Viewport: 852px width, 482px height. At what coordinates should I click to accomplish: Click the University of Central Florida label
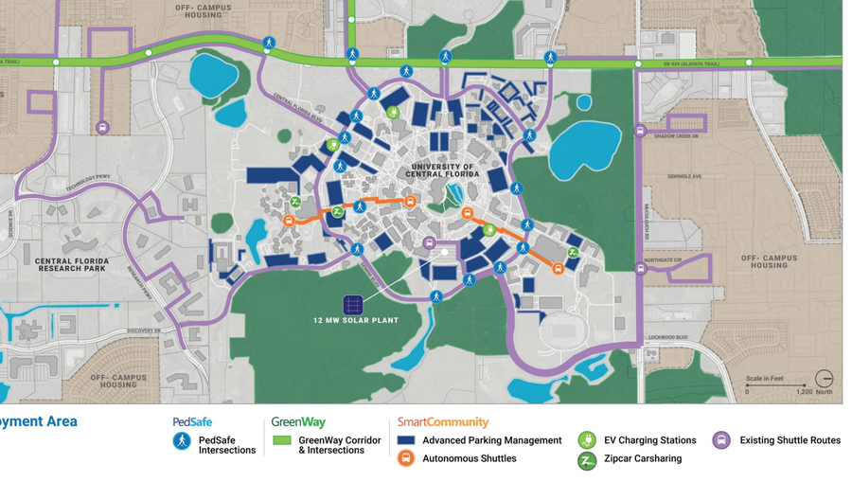[443, 170]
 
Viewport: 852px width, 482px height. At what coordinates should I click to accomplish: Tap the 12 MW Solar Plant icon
[353, 305]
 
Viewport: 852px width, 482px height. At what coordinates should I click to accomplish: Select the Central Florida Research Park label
[72, 264]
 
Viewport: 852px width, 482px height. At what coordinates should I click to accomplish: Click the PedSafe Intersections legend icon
[182, 441]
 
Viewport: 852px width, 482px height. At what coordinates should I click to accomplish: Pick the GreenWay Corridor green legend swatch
[282, 440]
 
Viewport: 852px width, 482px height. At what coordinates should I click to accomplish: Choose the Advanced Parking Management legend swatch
[406, 440]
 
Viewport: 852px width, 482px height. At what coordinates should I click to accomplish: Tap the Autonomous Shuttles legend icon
[406, 458]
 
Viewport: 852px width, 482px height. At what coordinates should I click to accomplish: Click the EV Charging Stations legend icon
[587, 440]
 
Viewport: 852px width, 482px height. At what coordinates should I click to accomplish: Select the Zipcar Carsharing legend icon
[587, 460]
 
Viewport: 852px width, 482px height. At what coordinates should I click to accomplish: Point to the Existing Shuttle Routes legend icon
[721, 440]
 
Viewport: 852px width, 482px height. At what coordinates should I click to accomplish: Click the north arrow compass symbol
[824, 379]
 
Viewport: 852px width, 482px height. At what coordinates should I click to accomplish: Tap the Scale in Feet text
[765, 379]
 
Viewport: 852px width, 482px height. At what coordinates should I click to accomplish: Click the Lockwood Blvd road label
[668, 337]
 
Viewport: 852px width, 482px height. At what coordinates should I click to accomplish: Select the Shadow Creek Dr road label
[676, 136]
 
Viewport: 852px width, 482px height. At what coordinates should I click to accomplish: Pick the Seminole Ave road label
[683, 176]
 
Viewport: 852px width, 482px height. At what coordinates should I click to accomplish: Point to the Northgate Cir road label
[663, 259]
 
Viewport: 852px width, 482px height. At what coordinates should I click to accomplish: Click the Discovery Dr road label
[143, 330]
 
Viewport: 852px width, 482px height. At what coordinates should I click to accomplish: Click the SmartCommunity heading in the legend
[443, 422]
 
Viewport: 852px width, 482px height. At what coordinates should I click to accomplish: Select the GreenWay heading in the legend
[298, 422]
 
